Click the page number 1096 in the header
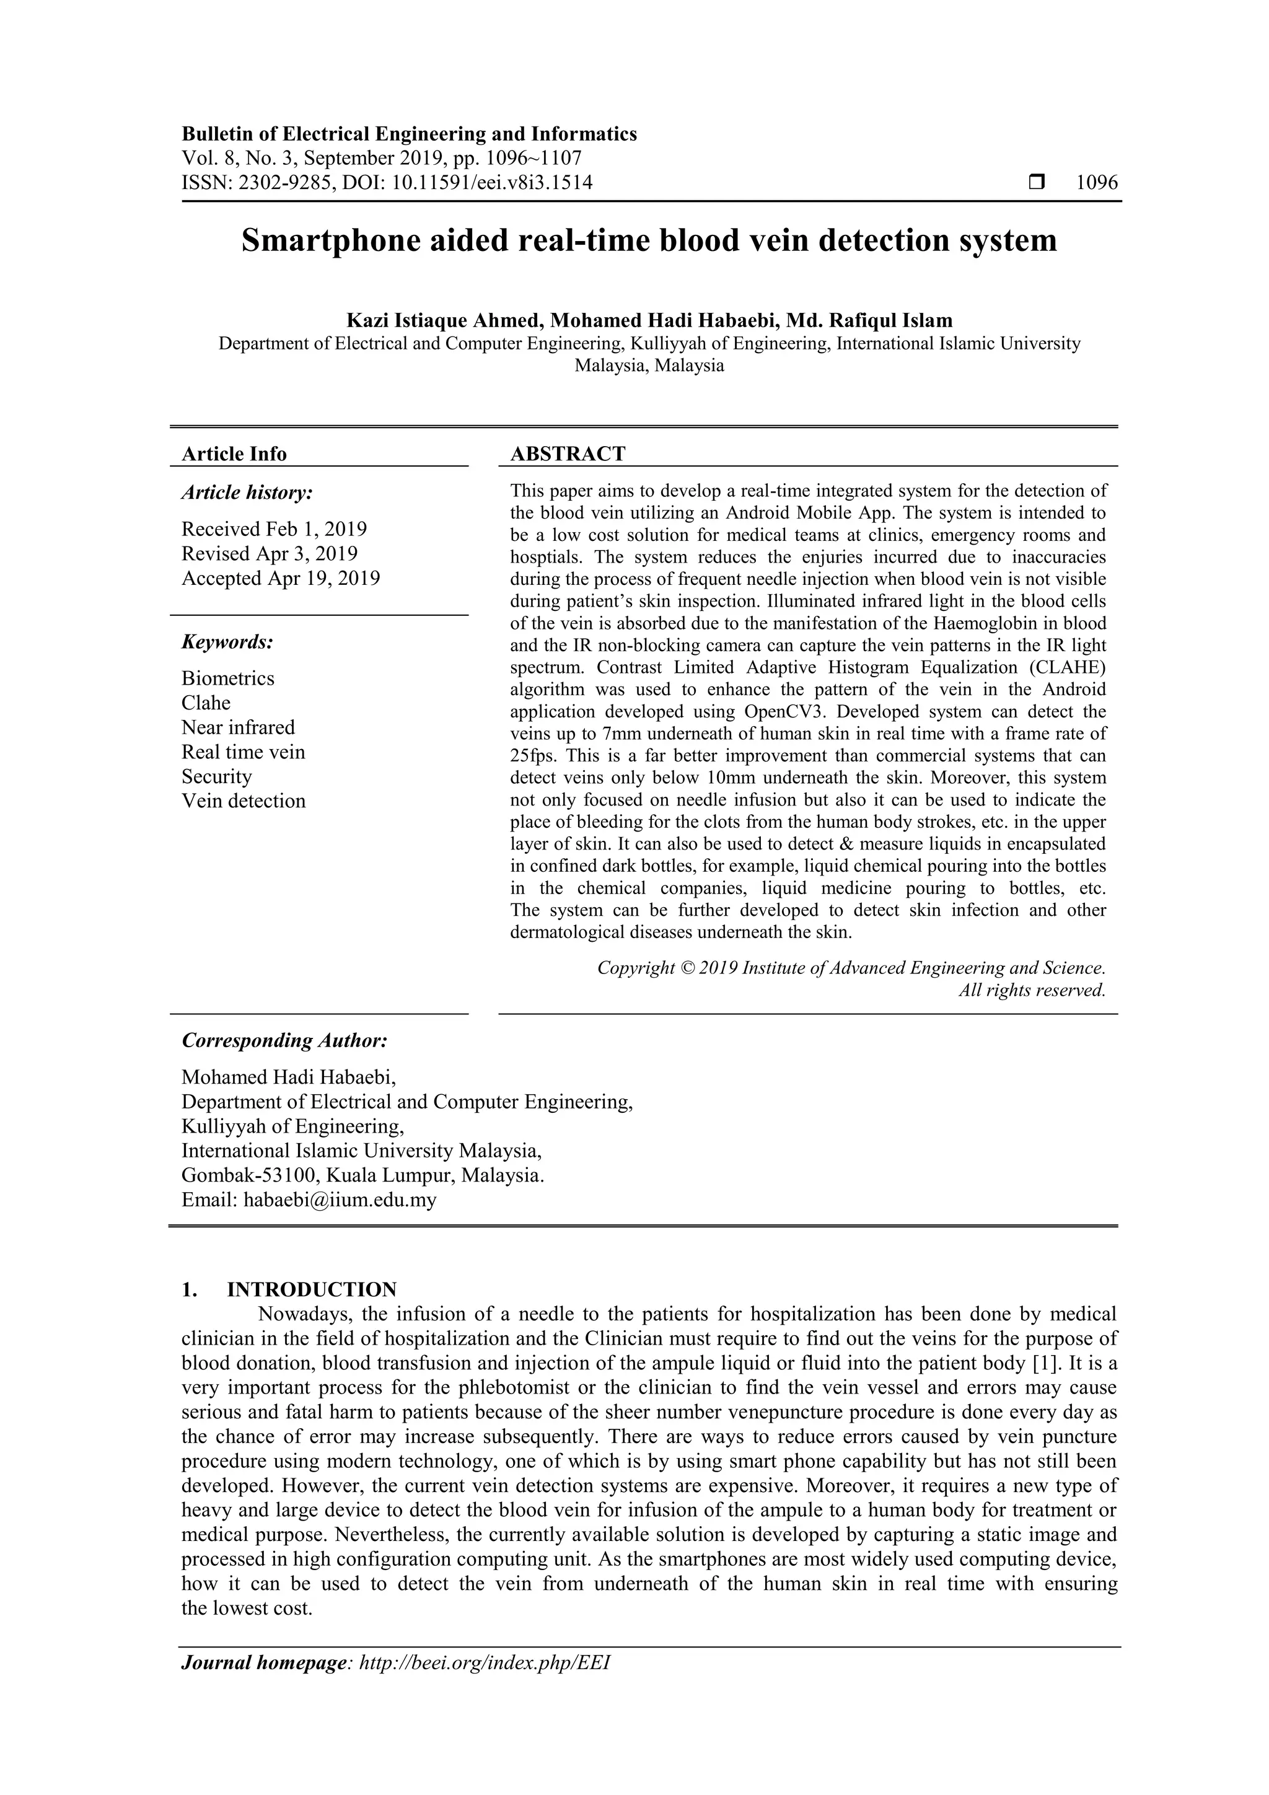coord(1097,183)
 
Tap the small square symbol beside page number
coord(1037,183)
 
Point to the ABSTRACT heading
coord(568,454)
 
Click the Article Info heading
coord(234,454)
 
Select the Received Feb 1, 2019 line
coord(274,529)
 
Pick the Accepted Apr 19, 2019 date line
coord(281,579)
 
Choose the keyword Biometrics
coord(227,678)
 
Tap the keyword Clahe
coord(206,703)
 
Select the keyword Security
coord(217,776)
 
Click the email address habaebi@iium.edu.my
coord(340,1200)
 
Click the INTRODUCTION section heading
coord(311,1289)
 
